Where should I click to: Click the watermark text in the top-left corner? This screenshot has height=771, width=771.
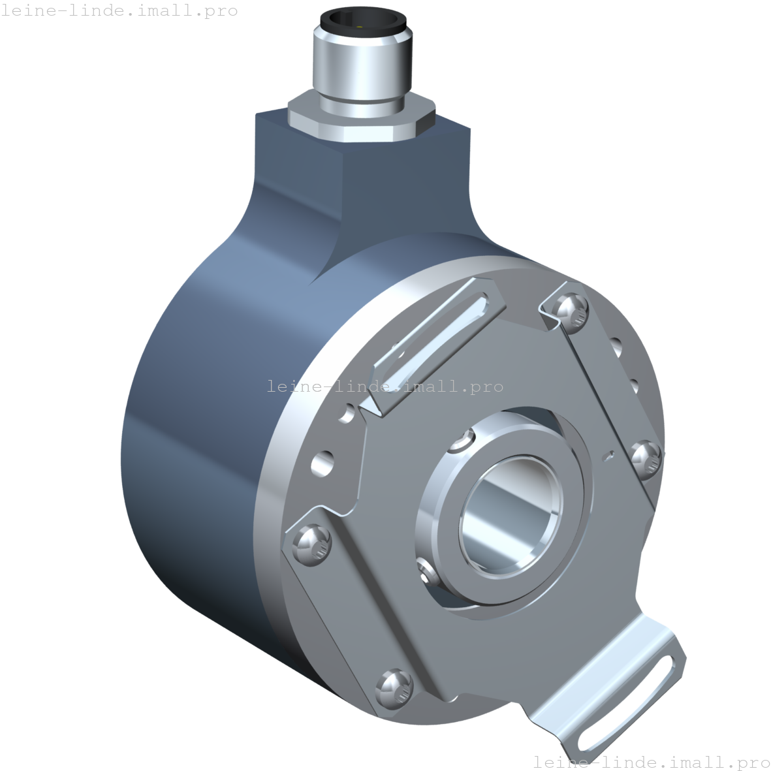click(119, 11)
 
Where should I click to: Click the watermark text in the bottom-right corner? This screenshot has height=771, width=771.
click(651, 762)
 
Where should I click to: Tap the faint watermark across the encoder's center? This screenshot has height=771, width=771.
click(385, 386)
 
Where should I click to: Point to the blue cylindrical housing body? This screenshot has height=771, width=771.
click(196, 424)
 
